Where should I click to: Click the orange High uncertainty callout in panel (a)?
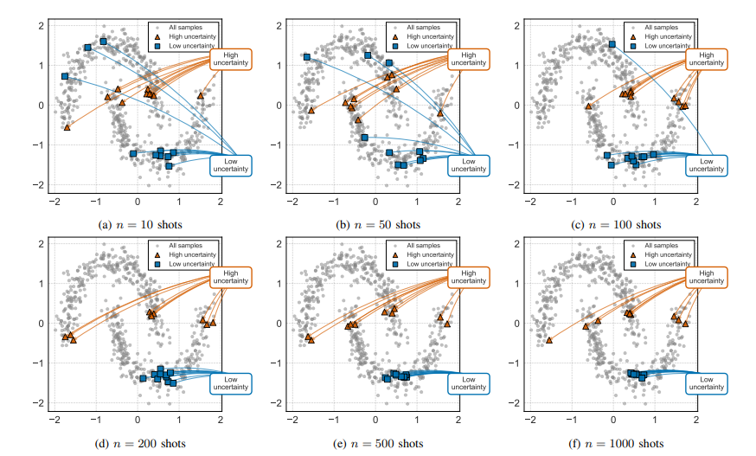pyautogui.click(x=230, y=59)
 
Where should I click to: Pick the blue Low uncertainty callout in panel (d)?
pyautogui.click(x=230, y=383)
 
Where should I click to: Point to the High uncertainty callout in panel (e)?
pyautogui.click(x=468, y=278)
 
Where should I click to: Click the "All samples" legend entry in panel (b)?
pyautogui.click(x=430, y=27)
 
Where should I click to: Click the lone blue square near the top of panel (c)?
pyautogui.click(x=612, y=44)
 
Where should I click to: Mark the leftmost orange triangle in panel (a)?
pyautogui.click(x=67, y=127)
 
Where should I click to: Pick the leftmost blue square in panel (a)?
pyautogui.click(x=65, y=76)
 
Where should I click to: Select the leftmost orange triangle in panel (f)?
pyautogui.click(x=548, y=340)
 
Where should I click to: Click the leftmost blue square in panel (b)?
pyautogui.click(x=306, y=57)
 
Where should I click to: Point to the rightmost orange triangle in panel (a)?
pyautogui.click(x=200, y=95)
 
